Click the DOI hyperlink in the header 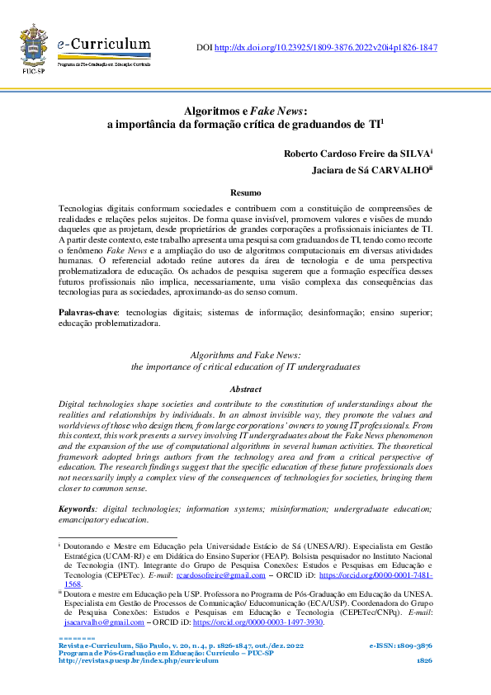[325, 48]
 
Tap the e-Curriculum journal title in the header [104, 45]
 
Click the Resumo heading [245, 191]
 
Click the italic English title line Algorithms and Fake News [245, 354]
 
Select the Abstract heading [245, 389]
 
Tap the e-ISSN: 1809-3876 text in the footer [400, 645]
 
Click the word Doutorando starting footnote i [91, 546]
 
